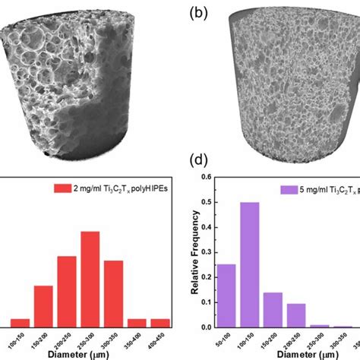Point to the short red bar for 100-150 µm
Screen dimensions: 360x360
(21, 323)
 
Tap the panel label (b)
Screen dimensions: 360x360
(194, 14)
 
